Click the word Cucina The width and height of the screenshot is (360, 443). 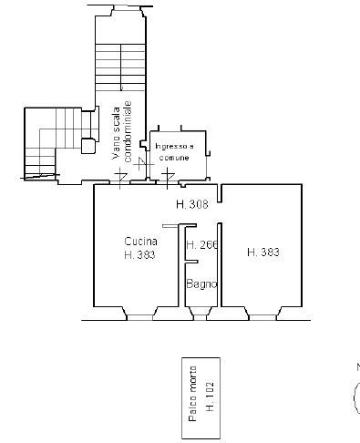141,242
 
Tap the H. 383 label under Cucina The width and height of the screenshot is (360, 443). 139,255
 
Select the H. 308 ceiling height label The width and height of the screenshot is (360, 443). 192,204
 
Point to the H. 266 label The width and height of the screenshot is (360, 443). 202,244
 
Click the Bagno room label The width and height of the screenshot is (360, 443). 201,284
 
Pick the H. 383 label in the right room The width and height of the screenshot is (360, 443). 263,252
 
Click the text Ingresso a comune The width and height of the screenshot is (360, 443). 174,152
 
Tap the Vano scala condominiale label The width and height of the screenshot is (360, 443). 121,130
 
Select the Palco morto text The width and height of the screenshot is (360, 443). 192,394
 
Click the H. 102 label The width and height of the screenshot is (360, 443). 210,396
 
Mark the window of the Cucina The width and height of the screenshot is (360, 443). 139,317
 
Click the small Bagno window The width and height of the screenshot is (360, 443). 200,317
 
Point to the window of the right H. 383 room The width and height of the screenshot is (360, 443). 262,317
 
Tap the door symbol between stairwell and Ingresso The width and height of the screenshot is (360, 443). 142,164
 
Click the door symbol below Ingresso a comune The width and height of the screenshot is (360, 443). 168,178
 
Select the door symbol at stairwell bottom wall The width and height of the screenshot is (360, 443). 120,178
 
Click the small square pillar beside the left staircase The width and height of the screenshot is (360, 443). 88,146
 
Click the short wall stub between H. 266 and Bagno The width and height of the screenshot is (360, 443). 191,262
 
